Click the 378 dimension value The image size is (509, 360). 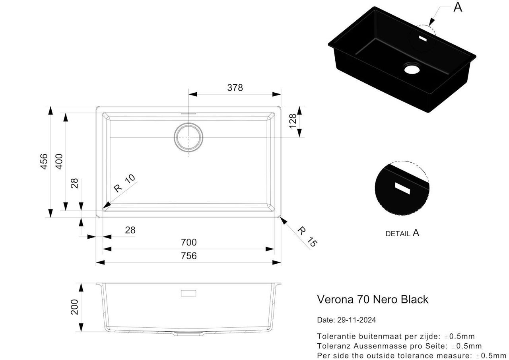tap(235, 88)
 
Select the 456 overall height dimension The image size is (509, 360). tap(44, 162)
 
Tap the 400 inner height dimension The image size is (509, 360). tap(59, 162)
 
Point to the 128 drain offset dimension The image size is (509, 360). tap(293, 121)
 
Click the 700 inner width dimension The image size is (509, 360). tap(189, 242)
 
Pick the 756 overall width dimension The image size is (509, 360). tap(189, 256)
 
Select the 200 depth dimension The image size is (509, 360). tap(74, 307)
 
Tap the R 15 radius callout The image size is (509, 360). tap(307, 237)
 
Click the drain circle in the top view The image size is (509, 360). tap(188, 137)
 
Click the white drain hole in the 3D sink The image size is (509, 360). tap(412, 69)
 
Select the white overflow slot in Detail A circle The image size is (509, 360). tap(402, 189)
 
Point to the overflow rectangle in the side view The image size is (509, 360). tap(188, 293)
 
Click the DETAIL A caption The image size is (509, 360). tap(402, 233)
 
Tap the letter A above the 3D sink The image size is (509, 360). tap(458, 7)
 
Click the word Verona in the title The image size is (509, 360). tap(335, 299)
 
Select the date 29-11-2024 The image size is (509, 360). tap(357, 320)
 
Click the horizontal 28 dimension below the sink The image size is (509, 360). tap(130, 230)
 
